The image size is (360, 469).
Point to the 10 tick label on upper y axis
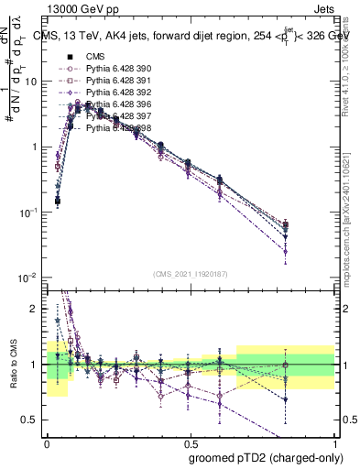(32, 82)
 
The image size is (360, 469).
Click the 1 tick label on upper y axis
(36, 147)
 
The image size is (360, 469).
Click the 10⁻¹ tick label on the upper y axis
(29, 212)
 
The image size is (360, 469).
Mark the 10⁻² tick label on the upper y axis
(29, 278)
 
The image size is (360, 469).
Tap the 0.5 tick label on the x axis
(191, 442)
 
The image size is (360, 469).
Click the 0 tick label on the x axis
(47, 442)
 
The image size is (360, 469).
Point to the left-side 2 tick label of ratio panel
(36, 309)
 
